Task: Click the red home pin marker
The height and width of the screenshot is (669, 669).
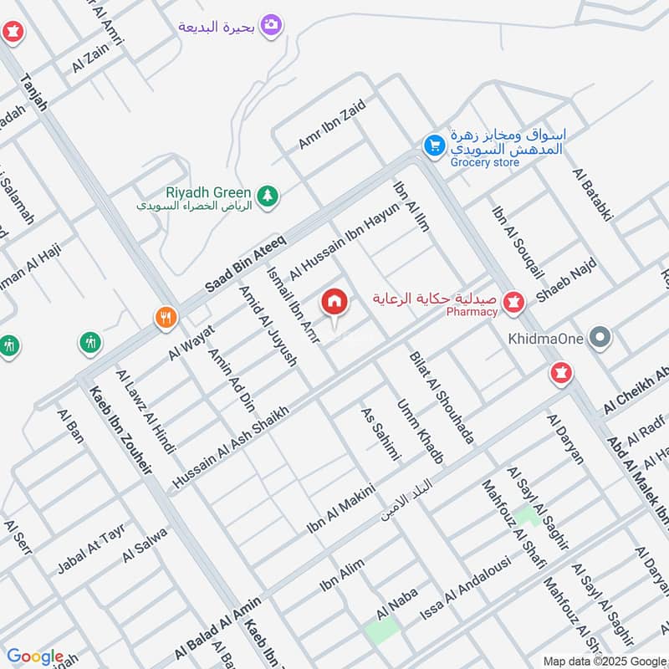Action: pos(334,302)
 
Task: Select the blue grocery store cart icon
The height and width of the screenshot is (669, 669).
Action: pos(433,146)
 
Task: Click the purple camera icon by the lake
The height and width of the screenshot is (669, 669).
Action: pos(270,26)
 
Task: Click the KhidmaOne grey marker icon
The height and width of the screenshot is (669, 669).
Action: pos(600,339)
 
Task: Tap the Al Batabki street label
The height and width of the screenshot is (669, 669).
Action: pos(593,194)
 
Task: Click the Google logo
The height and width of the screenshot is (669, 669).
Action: pos(35,656)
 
